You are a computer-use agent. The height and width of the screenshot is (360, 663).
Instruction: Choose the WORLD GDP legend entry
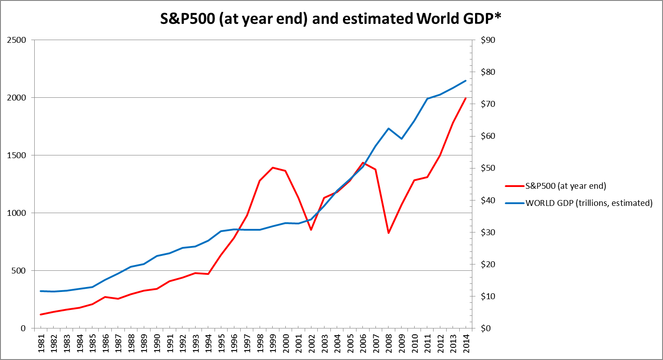pos(589,203)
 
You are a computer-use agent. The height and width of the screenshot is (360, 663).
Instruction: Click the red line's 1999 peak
pos(273,168)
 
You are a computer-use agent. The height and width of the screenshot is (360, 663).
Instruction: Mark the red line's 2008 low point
pos(389,233)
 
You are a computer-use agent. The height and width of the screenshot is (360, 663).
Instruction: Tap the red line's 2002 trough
pos(311,230)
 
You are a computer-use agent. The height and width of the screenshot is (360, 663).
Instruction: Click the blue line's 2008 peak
pos(389,128)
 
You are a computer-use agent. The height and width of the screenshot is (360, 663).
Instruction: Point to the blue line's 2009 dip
pos(401,139)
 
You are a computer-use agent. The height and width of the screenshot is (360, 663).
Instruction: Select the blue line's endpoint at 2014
pos(466,81)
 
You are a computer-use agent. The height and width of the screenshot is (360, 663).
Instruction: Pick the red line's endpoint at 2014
pos(466,98)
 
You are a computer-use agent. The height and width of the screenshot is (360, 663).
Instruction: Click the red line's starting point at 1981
pos(41,314)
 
